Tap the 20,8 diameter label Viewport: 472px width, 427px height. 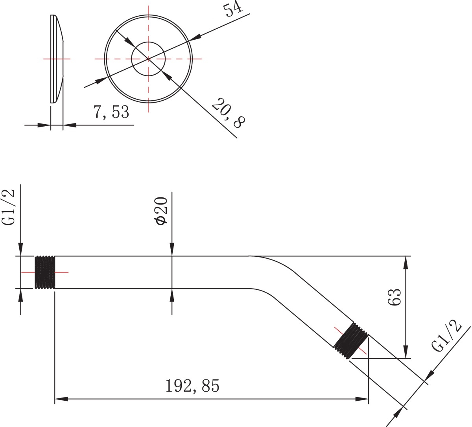(228, 113)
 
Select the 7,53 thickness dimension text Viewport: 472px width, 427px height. (111, 112)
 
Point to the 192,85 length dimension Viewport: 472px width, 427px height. (192, 385)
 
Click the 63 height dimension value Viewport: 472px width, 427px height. (395, 297)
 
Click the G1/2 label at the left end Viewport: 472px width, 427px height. (9, 207)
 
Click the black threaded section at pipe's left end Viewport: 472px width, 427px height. (45, 272)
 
